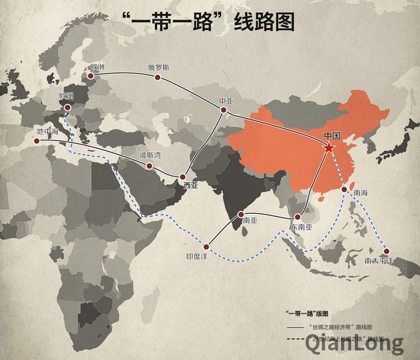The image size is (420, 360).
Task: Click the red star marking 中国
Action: [x=329, y=148]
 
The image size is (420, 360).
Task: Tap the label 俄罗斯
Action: [x=158, y=66]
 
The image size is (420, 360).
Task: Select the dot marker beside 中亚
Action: [x=223, y=110]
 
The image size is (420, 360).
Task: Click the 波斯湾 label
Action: [x=150, y=155]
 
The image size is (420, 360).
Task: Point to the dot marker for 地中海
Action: [x=37, y=141]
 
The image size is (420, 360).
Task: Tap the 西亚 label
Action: [x=191, y=184]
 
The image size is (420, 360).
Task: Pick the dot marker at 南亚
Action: [x=241, y=215]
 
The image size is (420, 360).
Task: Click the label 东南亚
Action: [x=301, y=226]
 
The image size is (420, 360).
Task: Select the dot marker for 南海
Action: [x=344, y=190]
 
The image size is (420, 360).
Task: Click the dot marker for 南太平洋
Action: [x=387, y=252]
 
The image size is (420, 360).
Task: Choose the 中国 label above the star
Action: [x=333, y=136]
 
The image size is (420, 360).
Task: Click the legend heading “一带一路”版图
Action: [x=307, y=313]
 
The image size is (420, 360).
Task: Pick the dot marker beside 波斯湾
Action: [x=149, y=166]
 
